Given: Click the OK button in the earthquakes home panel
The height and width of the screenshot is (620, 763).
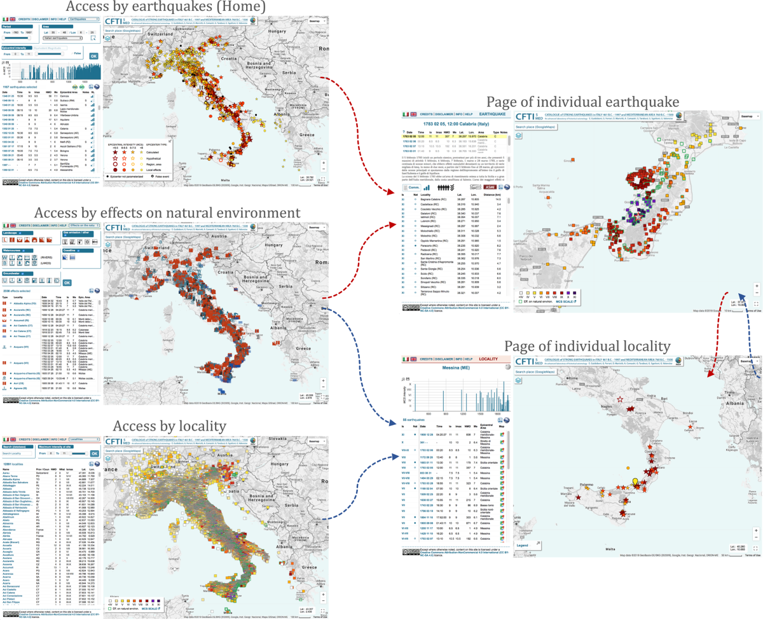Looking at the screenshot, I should (94, 56).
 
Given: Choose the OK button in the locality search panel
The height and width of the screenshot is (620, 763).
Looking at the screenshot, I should (94, 453).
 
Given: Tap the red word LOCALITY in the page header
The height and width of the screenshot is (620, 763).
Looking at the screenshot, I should (488, 359).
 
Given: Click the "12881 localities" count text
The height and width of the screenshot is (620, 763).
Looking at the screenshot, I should (15, 465).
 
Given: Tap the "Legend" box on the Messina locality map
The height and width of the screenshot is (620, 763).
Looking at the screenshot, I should (523, 545).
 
